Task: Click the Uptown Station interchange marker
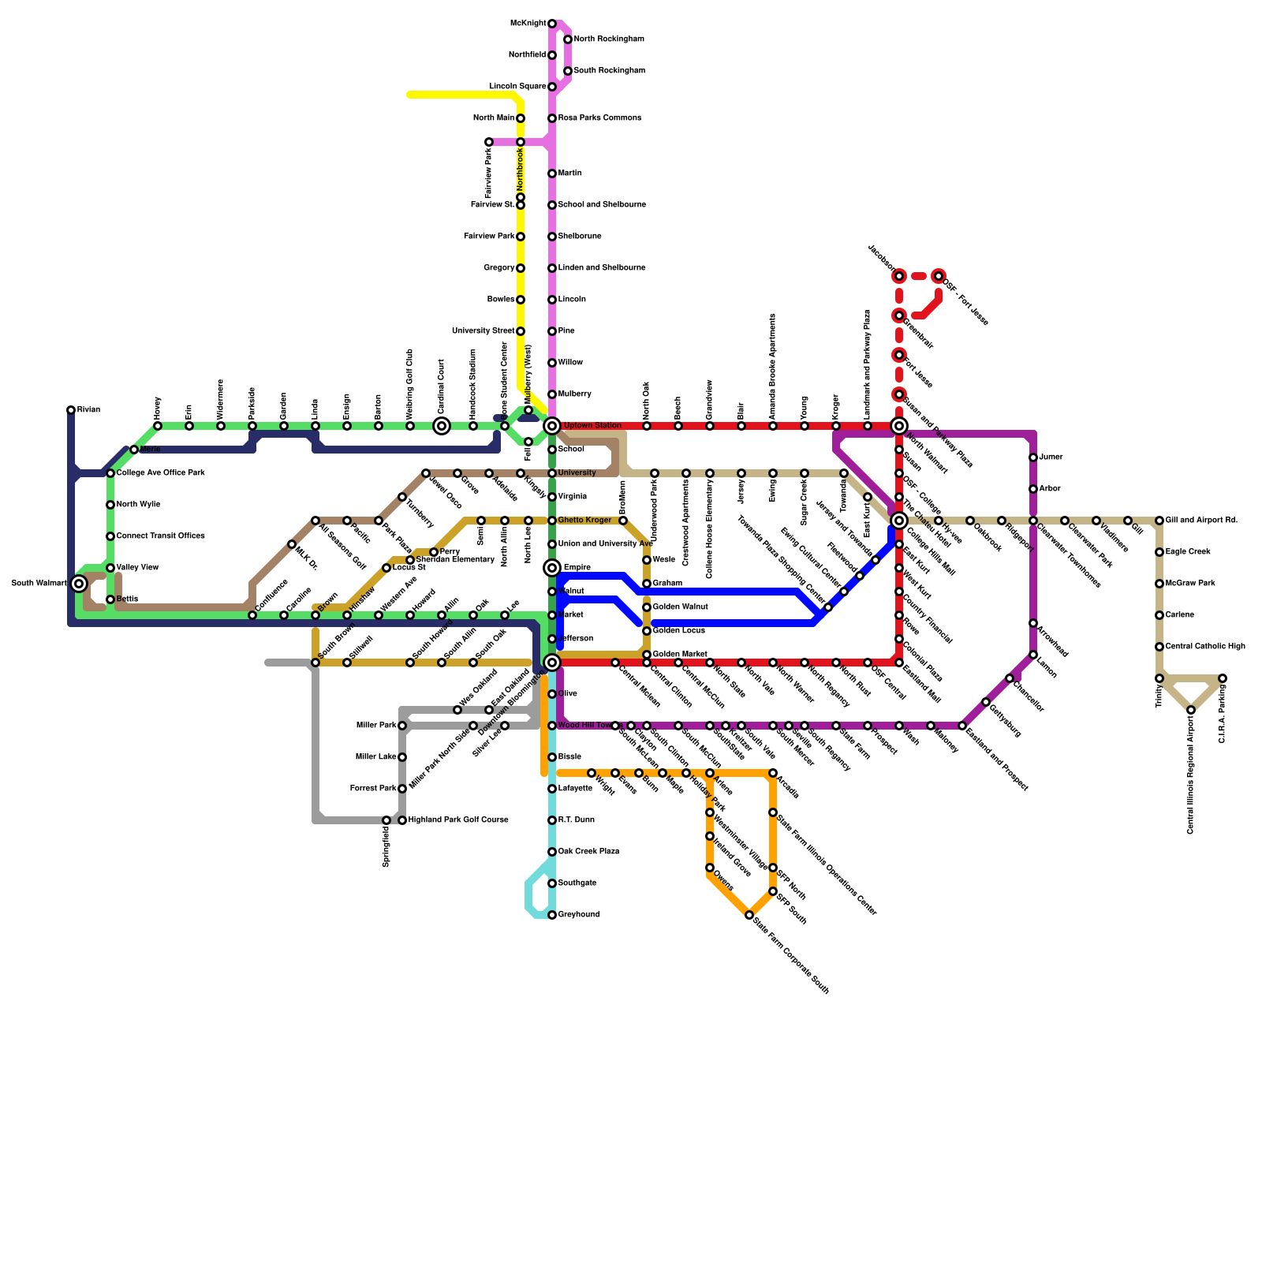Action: tap(552, 426)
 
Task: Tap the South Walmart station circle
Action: tap(79, 584)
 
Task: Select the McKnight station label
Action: tap(528, 24)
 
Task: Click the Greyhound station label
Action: tap(579, 915)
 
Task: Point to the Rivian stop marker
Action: tap(71, 410)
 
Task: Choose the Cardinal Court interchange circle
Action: tap(442, 426)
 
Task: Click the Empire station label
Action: tap(577, 568)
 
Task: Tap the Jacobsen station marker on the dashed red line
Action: tap(899, 276)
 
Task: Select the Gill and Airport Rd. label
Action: tap(1201, 521)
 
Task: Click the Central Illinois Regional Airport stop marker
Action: tap(1191, 710)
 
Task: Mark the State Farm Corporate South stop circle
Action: tap(749, 915)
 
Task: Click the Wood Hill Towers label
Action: tap(585, 726)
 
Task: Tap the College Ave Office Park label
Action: tap(161, 473)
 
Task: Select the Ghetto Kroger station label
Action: tap(584, 521)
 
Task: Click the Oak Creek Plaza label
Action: tap(588, 852)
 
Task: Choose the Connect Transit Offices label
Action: tap(161, 536)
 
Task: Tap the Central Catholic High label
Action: tap(1205, 647)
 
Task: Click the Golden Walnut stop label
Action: tap(680, 607)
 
